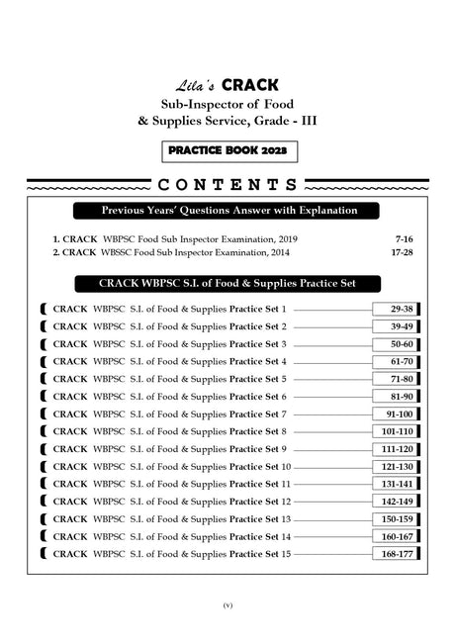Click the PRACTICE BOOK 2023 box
227,153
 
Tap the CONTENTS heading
227,185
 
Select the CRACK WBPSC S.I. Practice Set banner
227,282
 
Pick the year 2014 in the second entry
284,253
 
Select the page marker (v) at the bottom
227,604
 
